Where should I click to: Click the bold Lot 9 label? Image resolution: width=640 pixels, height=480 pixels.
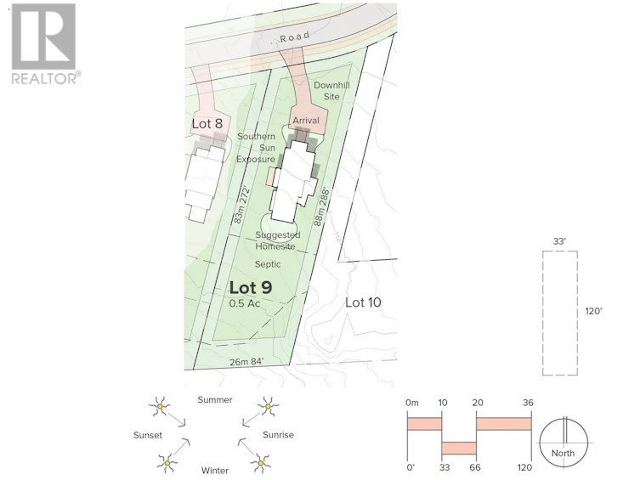coord(251,288)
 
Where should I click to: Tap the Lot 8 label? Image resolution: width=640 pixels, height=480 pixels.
coord(207,123)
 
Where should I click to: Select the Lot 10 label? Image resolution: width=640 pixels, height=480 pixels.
coord(363,302)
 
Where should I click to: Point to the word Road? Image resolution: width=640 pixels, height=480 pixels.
coord(295,37)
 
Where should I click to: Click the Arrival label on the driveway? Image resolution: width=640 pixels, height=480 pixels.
coord(306,121)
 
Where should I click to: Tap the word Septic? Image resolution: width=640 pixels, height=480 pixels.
coord(268,264)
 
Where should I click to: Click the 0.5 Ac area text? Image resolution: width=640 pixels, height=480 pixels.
coord(245,303)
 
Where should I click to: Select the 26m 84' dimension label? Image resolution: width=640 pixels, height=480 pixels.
coord(246,361)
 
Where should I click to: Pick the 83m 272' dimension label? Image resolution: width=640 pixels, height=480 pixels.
coord(241,205)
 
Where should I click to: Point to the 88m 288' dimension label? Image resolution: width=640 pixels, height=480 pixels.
coord(321,207)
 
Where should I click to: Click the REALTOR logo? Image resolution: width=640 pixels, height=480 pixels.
coord(43,44)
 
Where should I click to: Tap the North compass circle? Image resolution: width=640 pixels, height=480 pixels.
coord(564,442)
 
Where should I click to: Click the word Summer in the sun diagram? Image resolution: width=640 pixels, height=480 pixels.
coord(215,399)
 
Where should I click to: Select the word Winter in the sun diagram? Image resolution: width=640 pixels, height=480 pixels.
coord(215,471)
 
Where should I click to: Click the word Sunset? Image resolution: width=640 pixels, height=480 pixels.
coord(148,435)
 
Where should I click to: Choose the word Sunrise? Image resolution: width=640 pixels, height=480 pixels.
coord(279,435)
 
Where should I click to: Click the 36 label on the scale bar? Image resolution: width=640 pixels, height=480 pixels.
coord(528,403)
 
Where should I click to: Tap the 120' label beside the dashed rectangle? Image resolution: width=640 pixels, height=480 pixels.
coord(594,311)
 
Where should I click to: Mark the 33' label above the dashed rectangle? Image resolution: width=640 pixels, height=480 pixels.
coord(559,241)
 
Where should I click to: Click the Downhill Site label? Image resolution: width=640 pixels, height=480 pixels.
coord(331,91)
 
